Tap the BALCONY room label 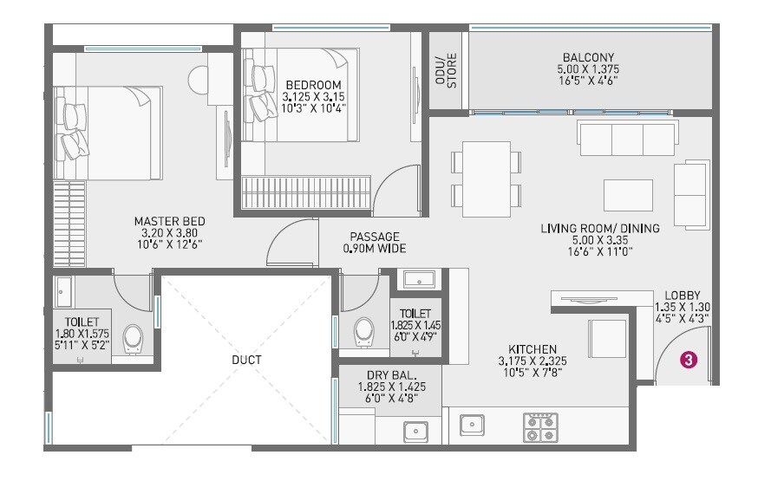tap(588, 57)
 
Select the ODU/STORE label tap(445, 72)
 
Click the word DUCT tap(246, 359)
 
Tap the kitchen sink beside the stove tap(472, 425)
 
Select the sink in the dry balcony tap(415, 430)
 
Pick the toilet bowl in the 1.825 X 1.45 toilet tap(364, 330)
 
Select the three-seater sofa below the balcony tap(626, 138)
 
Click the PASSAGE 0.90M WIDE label tap(375, 242)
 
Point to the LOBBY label tap(683, 295)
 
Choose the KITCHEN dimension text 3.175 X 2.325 tap(533, 361)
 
